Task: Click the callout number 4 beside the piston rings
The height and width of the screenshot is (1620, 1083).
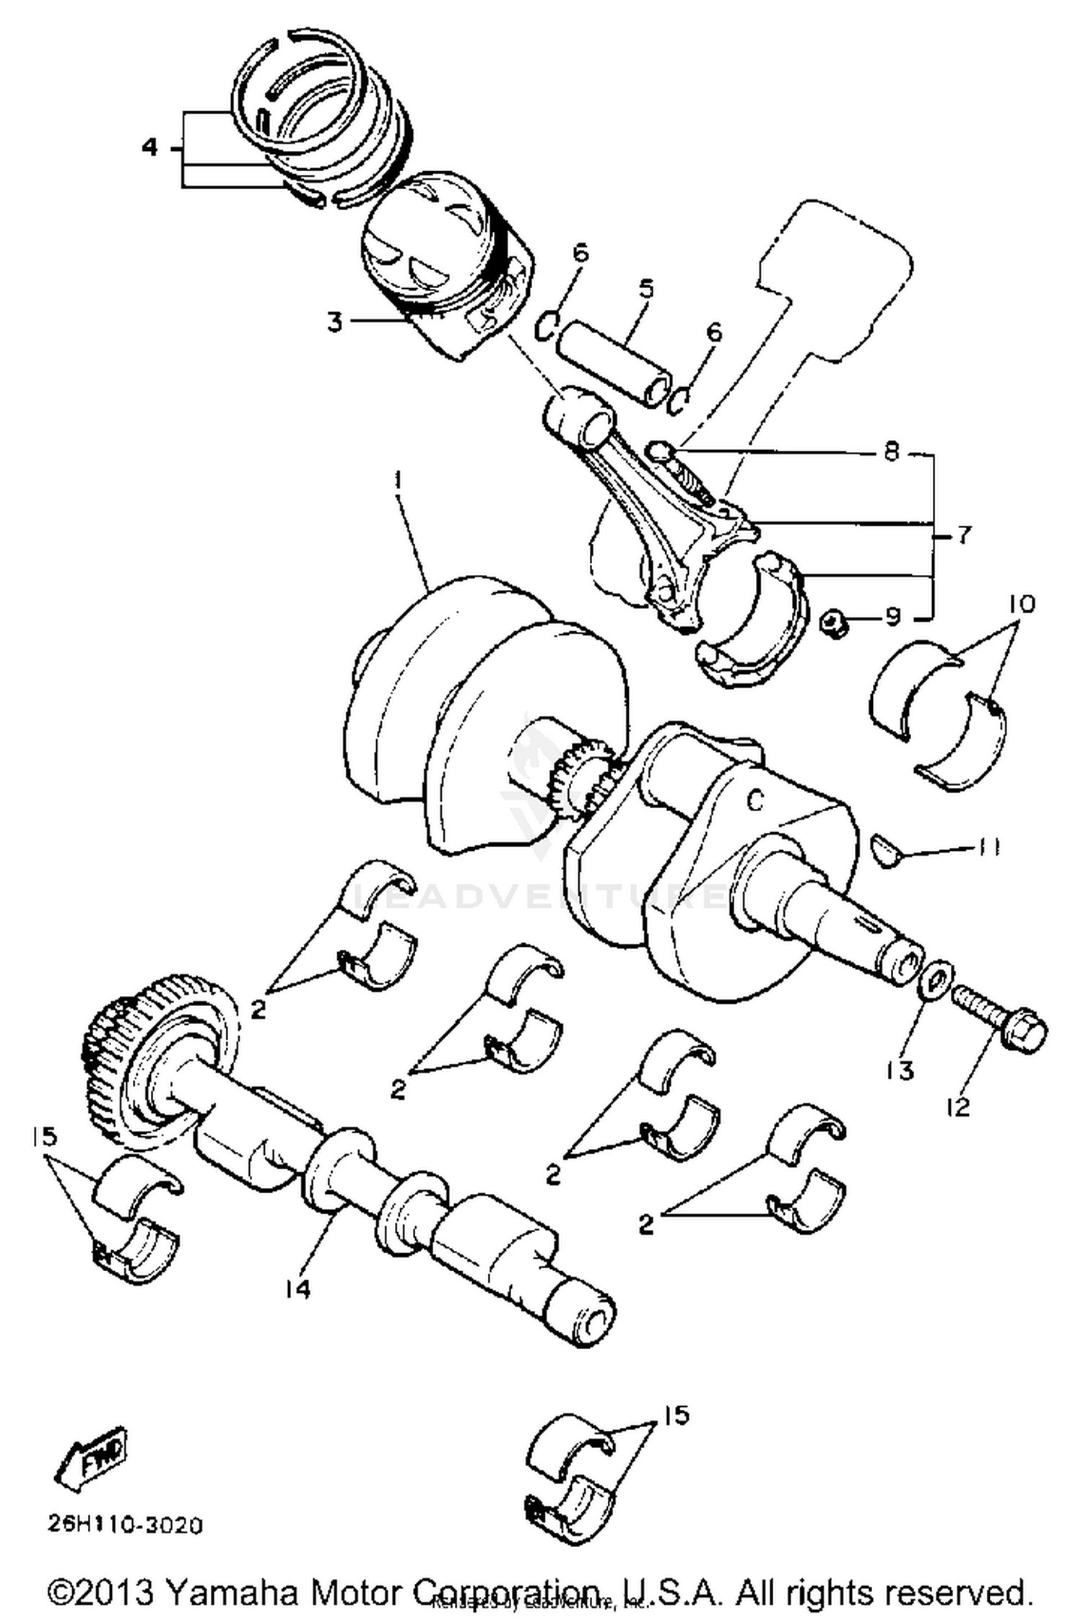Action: tap(149, 148)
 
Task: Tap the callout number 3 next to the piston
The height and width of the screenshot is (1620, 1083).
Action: tap(334, 321)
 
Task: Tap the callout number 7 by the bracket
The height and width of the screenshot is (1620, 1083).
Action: tap(964, 535)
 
